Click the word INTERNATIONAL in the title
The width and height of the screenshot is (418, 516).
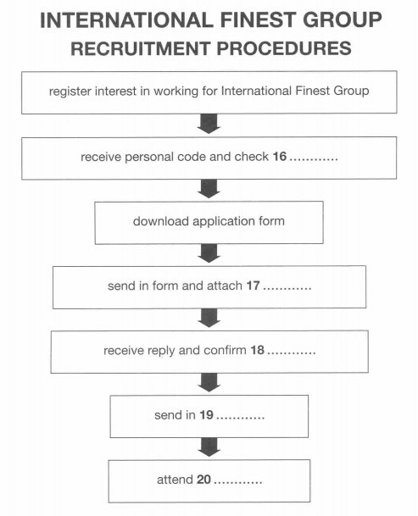pyautogui.click(x=127, y=19)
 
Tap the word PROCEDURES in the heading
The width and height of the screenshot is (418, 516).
pyautogui.click(x=284, y=48)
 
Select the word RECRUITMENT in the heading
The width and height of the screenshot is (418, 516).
pyautogui.click(x=141, y=48)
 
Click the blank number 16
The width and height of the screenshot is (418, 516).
pyautogui.click(x=279, y=156)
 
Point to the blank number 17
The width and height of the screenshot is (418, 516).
pyautogui.click(x=253, y=286)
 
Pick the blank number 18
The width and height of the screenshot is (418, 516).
pyautogui.click(x=257, y=350)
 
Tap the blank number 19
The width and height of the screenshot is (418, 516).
pyautogui.click(x=207, y=414)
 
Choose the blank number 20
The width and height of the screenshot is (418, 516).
pyautogui.click(x=203, y=480)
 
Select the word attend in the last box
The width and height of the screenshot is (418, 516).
pyautogui.click(x=175, y=480)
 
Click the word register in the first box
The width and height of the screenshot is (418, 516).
pyautogui.click(x=70, y=92)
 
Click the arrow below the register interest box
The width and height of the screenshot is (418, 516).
pyautogui.click(x=209, y=124)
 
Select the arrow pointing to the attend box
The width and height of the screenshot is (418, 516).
pyautogui.click(x=209, y=447)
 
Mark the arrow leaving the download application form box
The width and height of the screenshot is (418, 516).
pyautogui.click(x=209, y=253)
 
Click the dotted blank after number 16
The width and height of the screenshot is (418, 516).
pyautogui.click(x=314, y=159)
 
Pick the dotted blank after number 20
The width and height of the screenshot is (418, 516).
pyautogui.click(x=237, y=482)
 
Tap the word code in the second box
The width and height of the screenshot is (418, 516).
pyautogui.click(x=192, y=157)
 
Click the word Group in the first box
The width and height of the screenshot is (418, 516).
pyautogui.click(x=351, y=91)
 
